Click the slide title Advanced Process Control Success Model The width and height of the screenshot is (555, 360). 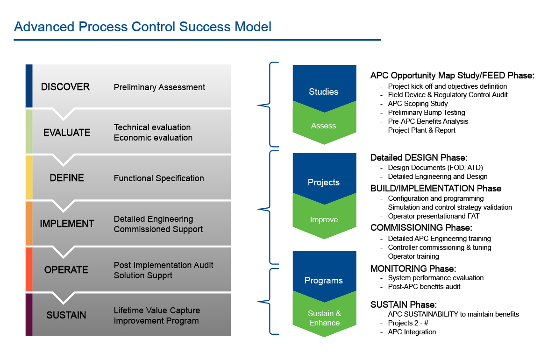(142, 26)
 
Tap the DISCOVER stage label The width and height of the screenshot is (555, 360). (65, 87)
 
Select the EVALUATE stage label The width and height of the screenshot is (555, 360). (67, 133)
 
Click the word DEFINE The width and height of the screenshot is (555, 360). (67, 178)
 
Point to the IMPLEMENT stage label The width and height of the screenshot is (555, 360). (67, 224)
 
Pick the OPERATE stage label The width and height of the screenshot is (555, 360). (66, 270)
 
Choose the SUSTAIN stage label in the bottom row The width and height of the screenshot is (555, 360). (66, 315)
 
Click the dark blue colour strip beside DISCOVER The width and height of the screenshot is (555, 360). (29, 86)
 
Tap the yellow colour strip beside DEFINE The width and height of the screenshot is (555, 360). (29, 177)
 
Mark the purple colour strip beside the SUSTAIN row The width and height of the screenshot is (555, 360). (29, 314)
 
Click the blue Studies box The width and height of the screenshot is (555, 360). (323, 86)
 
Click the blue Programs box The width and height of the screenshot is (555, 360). (323, 275)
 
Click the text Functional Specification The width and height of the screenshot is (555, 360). (159, 178)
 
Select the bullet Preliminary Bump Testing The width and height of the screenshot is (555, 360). (427, 113)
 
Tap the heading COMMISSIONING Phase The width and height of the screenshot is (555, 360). (421, 228)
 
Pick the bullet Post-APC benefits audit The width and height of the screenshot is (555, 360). (424, 287)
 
